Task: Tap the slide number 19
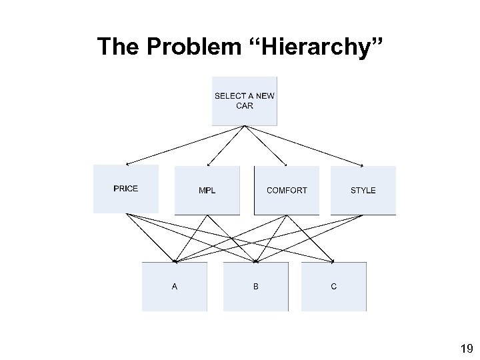466,348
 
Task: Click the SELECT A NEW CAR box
244,101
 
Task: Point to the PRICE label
126,189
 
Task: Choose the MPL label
207,191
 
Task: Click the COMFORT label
287,191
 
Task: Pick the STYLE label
363,191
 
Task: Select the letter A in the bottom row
175,287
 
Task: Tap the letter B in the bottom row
255,287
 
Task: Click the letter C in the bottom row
334,287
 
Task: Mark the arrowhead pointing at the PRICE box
128,164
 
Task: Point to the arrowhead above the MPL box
209,165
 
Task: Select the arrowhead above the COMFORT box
285,165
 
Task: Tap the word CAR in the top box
245,106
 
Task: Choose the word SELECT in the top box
229,96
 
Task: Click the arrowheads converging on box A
175,261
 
